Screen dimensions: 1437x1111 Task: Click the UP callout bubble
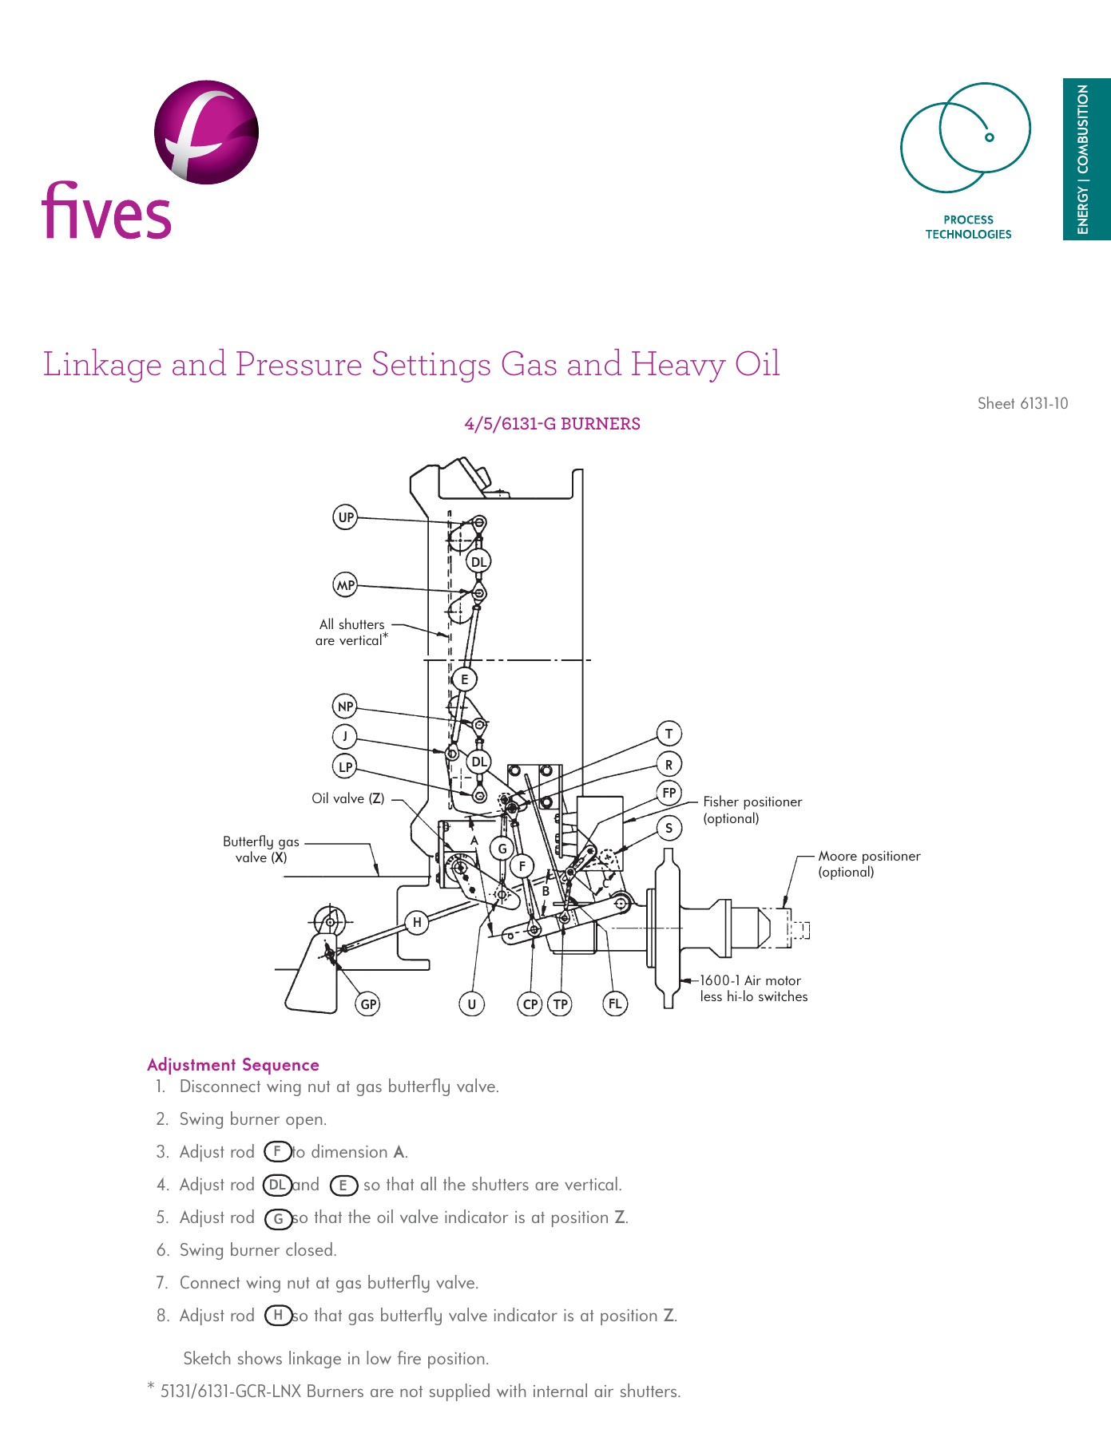[x=345, y=517]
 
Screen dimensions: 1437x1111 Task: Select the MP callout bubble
[x=345, y=584]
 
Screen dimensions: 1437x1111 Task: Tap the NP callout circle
[x=345, y=706]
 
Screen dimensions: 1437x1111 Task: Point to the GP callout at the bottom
[x=367, y=1004]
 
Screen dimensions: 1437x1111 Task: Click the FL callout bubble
[x=614, y=1004]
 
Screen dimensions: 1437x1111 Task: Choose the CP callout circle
[x=530, y=1004]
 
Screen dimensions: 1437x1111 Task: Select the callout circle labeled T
[x=669, y=733]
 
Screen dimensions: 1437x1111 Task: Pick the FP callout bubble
[x=669, y=793]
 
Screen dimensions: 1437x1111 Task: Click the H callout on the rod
[x=416, y=922]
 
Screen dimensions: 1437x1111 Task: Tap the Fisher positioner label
[x=752, y=810]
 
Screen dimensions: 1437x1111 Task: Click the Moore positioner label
[x=868, y=863]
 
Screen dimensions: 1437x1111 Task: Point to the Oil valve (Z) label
[x=348, y=798]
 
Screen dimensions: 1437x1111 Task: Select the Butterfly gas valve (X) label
[x=260, y=849]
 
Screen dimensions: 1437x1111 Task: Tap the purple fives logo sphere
[x=206, y=132]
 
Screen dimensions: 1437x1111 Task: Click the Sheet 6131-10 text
[x=1022, y=403]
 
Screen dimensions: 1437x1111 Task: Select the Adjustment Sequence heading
[x=233, y=1064]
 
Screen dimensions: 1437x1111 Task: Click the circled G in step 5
[x=278, y=1218]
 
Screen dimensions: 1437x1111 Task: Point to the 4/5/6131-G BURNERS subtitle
[x=552, y=424]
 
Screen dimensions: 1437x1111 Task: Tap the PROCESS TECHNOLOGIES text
[x=968, y=227]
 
